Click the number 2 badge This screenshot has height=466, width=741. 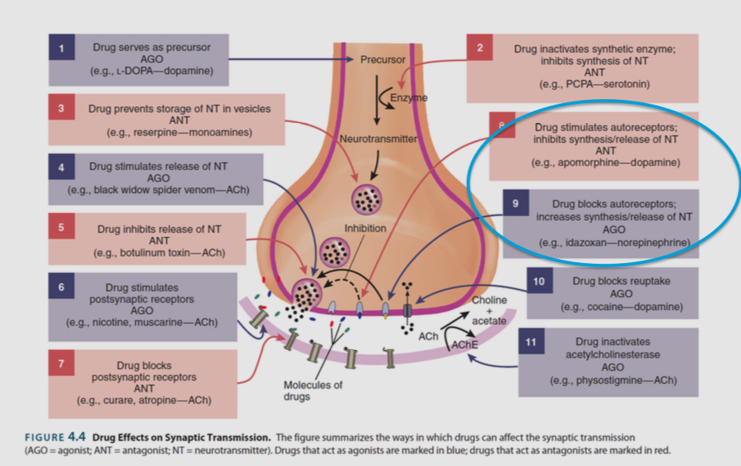[x=480, y=48]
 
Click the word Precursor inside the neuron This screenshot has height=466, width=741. [x=382, y=59]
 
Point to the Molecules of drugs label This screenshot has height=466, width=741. [x=312, y=391]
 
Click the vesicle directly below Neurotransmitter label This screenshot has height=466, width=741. [x=364, y=199]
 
